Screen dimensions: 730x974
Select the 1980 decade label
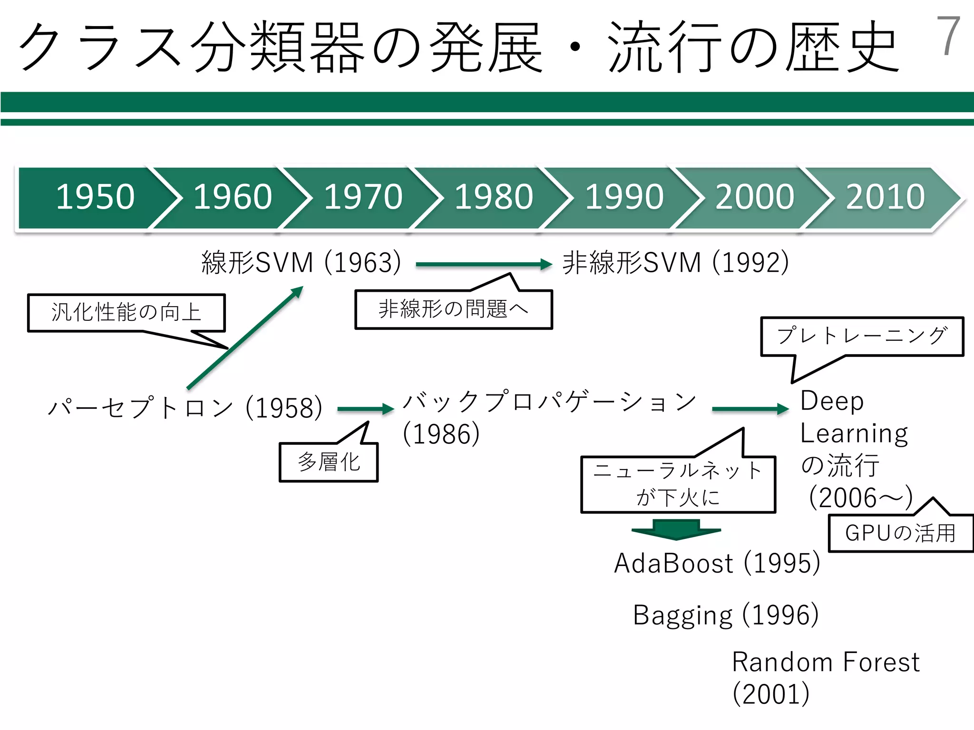pyautogui.click(x=494, y=197)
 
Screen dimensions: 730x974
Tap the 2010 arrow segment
pyautogui.click(x=885, y=197)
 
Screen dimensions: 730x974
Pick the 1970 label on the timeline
pyautogui.click(x=363, y=197)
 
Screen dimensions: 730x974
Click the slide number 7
pyautogui.click(x=948, y=36)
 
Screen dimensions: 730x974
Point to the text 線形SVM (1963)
pyautogui.click(x=301, y=262)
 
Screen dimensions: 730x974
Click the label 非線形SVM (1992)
pyautogui.click(x=675, y=262)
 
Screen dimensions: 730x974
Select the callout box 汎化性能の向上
pyautogui.click(x=126, y=313)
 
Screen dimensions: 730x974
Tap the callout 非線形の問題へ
pyautogui.click(x=453, y=309)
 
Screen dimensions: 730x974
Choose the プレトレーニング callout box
pyautogui.click(x=862, y=336)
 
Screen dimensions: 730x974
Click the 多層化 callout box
pyautogui.click(x=329, y=462)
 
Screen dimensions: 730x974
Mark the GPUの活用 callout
pyautogui.click(x=900, y=533)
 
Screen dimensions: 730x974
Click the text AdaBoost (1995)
pyautogui.click(x=717, y=564)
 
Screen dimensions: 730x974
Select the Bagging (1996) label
pyautogui.click(x=726, y=615)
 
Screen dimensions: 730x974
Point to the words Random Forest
pyautogui.click(x=826, y=663)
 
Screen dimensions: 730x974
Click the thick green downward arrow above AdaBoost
pyautogui.click(x=676, y=529)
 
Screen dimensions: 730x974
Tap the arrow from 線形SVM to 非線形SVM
pyautogui.click(x=483, y=265)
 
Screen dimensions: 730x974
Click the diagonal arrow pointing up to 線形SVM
pyautogui.click(x=245, y=337)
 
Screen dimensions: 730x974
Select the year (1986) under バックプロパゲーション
pyautogui.click(x=441, y=434)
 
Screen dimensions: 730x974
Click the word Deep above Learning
pyautogui.click(x=832, y=401)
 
